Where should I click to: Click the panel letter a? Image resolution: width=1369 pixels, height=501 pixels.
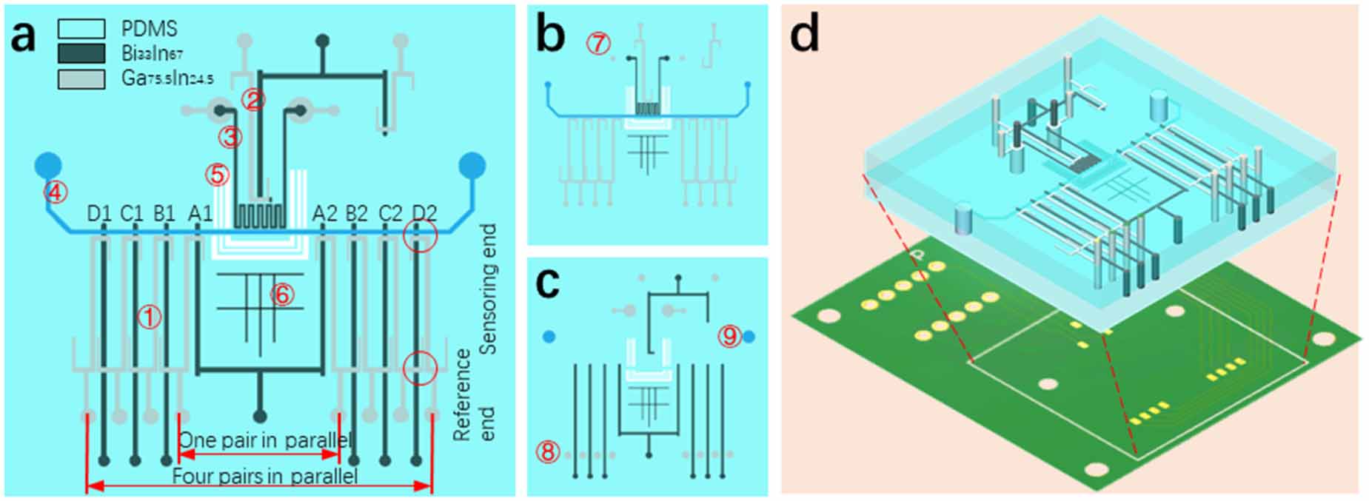[24, 36]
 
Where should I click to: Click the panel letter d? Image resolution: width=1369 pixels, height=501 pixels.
[805, 36]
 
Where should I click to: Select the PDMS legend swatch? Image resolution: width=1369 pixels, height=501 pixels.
[81, 29]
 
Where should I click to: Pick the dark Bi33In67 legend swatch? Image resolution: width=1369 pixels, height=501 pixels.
[81, 53]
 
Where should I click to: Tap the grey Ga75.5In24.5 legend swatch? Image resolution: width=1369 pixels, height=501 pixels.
[81, 78]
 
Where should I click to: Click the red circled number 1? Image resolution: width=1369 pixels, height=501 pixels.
[150, 317]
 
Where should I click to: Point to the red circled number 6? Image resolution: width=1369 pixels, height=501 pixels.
[282, 295]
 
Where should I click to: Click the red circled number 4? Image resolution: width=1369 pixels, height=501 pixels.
[56, 193]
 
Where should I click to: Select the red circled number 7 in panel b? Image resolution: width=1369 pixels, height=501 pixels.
[598, 44]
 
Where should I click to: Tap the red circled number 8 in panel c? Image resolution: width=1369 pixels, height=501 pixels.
[548, 451]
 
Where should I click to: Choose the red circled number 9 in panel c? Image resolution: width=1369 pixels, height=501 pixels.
[730, 337]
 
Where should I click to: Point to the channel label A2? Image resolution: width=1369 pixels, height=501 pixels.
[324, 214]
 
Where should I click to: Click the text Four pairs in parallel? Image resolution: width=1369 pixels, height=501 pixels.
[264, 476]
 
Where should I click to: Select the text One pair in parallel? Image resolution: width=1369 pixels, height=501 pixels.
[264, 440]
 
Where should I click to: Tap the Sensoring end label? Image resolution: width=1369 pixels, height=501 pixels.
[488, 289]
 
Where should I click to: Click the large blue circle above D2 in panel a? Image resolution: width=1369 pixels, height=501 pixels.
[472, 166]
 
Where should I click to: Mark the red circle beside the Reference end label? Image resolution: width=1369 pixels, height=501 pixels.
[420, 368]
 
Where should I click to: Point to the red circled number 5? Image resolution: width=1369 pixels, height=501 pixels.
[218, 175]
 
